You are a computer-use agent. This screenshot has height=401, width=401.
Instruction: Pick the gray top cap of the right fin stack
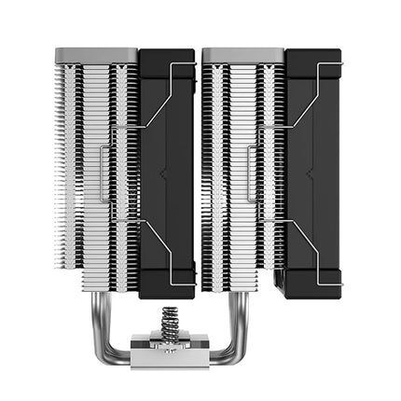coord(243,53)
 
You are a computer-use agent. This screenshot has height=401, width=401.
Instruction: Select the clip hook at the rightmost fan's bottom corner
coord(338,280)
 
